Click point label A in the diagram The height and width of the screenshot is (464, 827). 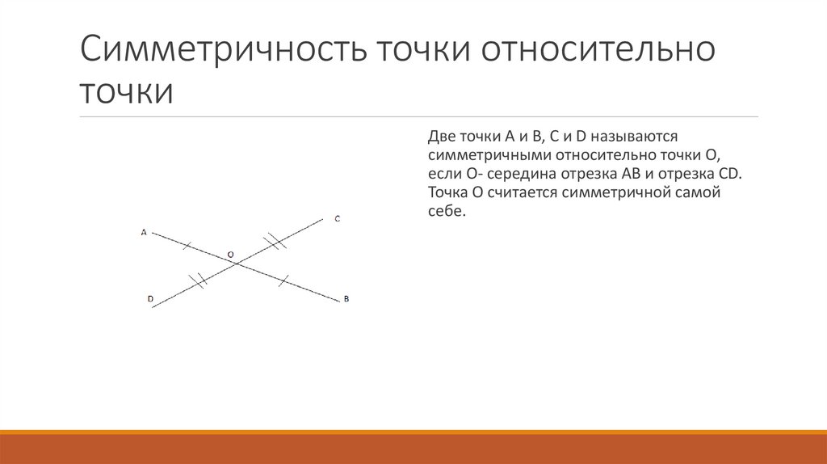coord(144,232)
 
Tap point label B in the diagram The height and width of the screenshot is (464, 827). coord(346,299)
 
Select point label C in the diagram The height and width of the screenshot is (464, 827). coord(337,219)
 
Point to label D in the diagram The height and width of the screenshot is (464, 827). coord(150,299)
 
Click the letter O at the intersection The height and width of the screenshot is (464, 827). coord(230,255)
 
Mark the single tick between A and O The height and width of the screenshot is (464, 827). coord(187,243)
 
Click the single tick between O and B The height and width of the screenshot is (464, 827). coord(283,281)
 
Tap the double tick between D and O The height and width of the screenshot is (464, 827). coord(197,281)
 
